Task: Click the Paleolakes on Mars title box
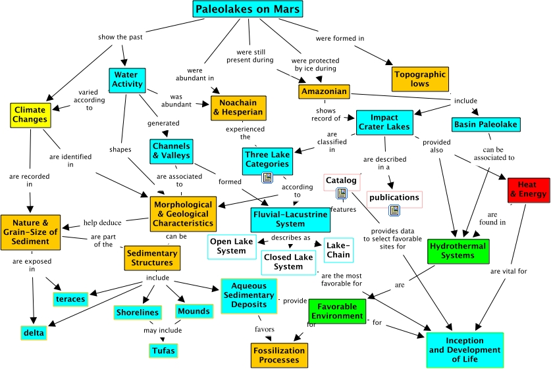coord(248,9)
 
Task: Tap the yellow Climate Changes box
coord(30,114)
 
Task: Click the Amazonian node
coord(323,91)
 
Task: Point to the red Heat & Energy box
coord(529,189)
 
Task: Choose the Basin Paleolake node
coord(486,124)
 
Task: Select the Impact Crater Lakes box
coord(384,121)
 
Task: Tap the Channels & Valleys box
coord(171,151)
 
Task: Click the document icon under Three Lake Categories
coord(267,177)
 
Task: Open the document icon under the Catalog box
coord(342,193)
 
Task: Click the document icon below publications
coord(394,210)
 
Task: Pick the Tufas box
coord(163,351)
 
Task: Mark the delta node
coord(34,333)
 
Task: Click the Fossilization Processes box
coord(278,355)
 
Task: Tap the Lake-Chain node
coord(338,250)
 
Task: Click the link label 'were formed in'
coord(340,38)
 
